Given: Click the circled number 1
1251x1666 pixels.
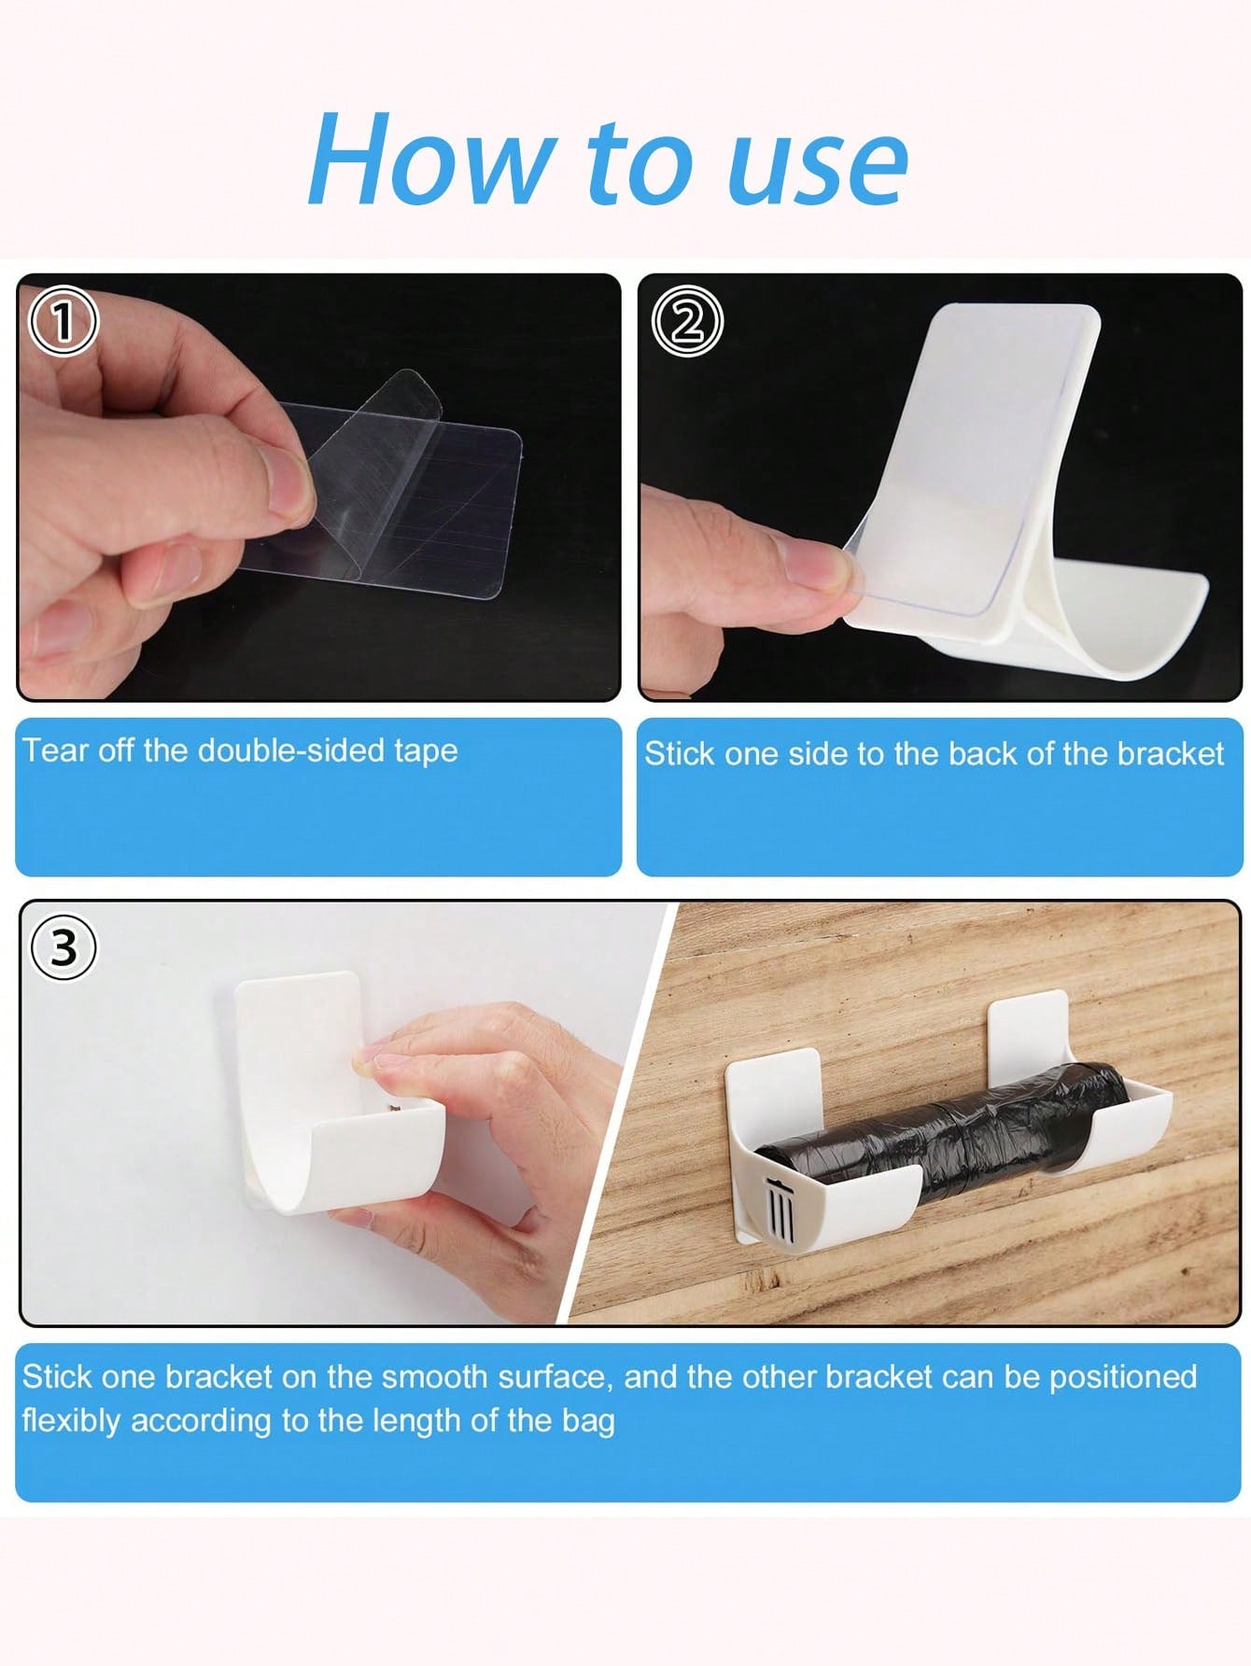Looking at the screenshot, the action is pos(63,320).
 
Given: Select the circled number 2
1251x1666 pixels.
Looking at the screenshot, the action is pos(686,322).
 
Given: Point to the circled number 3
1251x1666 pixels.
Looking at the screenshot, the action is pos(63,947).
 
